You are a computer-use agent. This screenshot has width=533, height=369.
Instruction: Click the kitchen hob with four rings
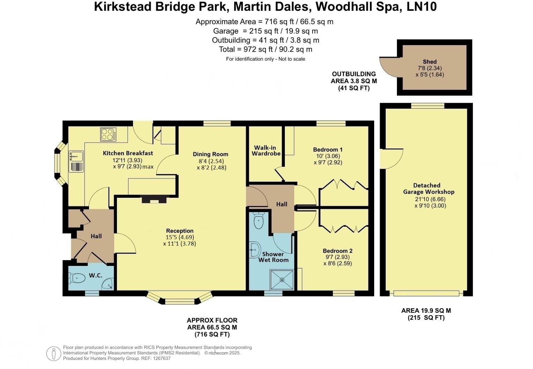(x=109, y=134)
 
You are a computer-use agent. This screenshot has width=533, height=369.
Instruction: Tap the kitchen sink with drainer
(x=76, y=161)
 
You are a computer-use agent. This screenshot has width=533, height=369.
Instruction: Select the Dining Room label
(x=210, y=154)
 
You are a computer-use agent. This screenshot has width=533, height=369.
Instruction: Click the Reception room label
(x=180, y=231)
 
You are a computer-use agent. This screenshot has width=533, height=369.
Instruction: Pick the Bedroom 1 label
(x=328, y=150)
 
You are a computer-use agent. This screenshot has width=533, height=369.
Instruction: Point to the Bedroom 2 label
(x=338, y=251)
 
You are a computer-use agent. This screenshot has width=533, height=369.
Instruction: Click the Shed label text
(x=430, y=62)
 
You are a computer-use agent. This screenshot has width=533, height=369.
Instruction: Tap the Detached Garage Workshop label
(x=429, y=189)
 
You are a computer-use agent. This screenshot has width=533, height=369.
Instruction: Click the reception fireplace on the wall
(x=154, y=201)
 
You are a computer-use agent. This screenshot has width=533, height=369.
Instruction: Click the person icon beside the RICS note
(x=54, y=354)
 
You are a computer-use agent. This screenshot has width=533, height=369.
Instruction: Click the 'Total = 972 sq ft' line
(x=265, y=49)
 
